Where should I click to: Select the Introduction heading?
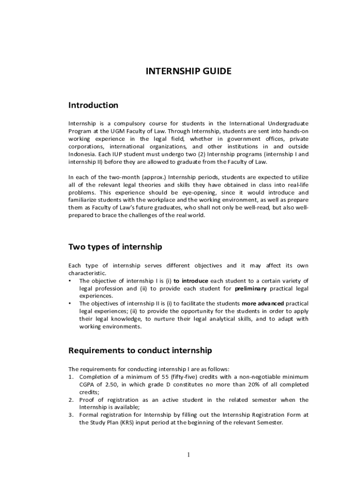point(93,105)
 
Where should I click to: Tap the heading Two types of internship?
point(115,247)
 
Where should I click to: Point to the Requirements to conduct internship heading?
point(140,350)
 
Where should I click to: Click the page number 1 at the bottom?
point(187,455)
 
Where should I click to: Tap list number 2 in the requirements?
point(71,400)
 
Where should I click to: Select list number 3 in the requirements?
point(71,415)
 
